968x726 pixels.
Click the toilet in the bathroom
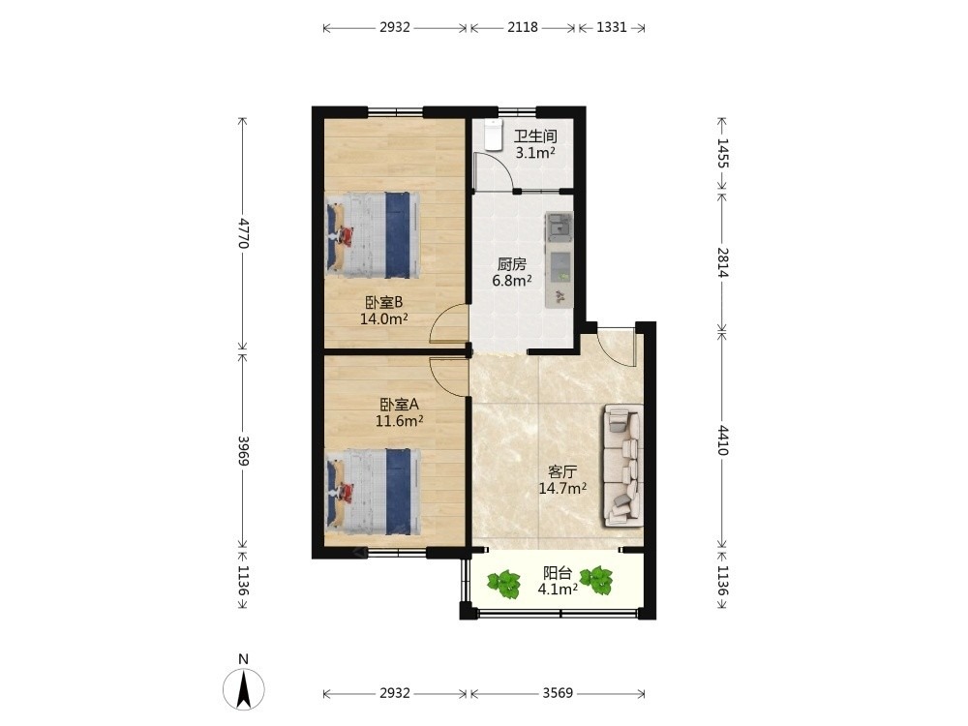click(x=494, y=136)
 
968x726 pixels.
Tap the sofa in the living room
click(x=622, y=466)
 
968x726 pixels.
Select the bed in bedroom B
click(x=373, y=234)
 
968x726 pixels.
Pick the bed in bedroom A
click(x=373, y=492)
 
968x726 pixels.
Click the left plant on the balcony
click(x=504, y=584)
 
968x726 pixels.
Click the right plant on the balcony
click(x=595, y=581)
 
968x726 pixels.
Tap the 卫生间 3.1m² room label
click(x=535, y=144)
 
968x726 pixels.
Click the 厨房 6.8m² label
click(x=512, y=272)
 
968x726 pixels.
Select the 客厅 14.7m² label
click(x=562, y=480)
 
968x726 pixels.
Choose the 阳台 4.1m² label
click(x=558, y=581)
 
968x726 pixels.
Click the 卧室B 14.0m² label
click(x=383, y=311)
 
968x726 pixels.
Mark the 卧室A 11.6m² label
click(x=399, y=412)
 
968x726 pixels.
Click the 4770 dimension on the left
click(x=243, y=232)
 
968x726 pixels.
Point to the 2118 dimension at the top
click(x=523, y=27)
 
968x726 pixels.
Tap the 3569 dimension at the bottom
click(x=558, y=693)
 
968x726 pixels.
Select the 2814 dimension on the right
click(x=723, y=262)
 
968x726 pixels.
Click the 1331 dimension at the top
click(x=612, y=27)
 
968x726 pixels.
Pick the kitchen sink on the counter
click(x=560, y=226)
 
